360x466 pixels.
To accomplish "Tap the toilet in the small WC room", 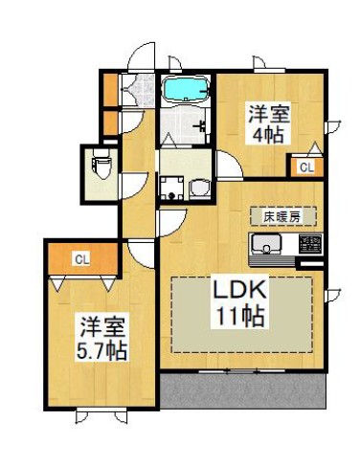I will pyautogui.click(x=101, y=167).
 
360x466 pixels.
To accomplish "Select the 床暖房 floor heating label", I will pyautogui.click(x=281, y=216).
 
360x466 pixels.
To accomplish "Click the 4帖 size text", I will pyautogui.click(x=266, y=136).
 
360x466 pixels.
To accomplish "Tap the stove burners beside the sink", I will pyautogui.click(x=309, y=244).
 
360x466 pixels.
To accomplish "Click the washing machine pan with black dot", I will pyautogui.click(x=173, y=187).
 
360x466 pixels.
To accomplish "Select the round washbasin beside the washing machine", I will pyautogui.click(x=200, y=187).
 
